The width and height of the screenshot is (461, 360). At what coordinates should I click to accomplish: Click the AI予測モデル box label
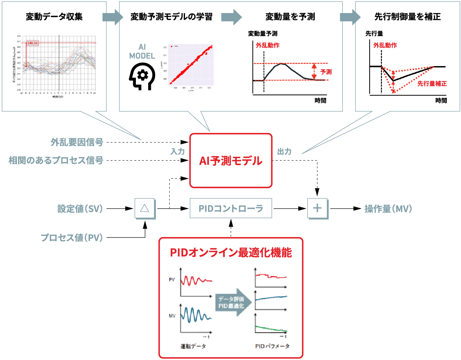(231, 161)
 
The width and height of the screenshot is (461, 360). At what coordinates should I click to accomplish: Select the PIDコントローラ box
(231, 208)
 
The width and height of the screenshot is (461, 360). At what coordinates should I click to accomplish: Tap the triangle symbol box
(145, 208)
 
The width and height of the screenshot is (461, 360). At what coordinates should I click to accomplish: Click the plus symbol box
(317, 208)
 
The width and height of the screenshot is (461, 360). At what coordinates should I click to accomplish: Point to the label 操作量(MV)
(388, 209)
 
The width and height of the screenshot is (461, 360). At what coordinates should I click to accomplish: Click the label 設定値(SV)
(80, 209)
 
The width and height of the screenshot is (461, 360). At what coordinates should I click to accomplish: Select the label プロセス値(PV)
(72, 238)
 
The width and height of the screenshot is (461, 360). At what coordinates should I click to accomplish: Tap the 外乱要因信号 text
(77, 143)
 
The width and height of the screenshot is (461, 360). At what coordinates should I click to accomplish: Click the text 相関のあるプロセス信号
(56, 160)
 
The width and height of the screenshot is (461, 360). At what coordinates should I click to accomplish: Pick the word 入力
(177, 151)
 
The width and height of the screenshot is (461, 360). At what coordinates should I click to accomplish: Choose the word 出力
(284, 151)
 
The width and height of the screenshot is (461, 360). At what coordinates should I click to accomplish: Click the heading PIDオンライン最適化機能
(231, 252)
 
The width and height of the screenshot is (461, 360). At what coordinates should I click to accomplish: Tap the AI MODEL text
(142, 51)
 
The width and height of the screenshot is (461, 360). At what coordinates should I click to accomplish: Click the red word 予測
(326, 71)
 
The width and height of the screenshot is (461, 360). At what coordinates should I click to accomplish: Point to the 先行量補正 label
(432, 83)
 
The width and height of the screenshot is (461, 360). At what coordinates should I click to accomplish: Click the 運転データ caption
(193, 346)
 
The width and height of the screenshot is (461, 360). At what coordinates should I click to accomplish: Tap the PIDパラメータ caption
(272, 346)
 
